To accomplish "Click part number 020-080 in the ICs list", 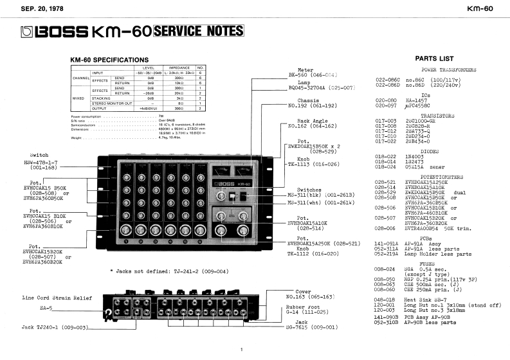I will pos(386,100).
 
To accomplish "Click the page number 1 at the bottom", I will pos(241,350).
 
